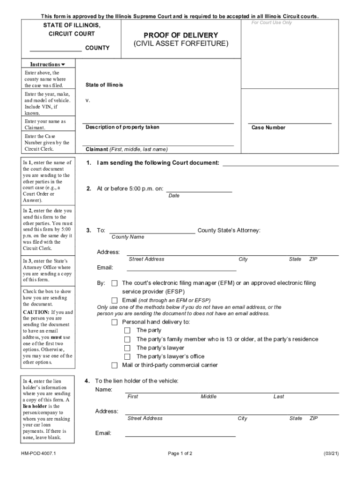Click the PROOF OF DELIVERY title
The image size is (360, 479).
180,35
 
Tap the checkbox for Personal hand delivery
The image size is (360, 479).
115,322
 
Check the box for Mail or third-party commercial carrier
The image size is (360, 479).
115,365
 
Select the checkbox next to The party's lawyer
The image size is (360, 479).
127,348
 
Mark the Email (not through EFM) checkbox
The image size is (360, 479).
115,300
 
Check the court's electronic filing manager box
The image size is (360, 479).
115,283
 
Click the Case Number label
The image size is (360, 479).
268,128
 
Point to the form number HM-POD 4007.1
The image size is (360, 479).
38,454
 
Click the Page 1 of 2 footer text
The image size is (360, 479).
180,454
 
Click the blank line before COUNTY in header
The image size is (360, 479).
56,48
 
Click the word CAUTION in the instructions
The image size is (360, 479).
36,312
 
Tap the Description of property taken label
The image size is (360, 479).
122,127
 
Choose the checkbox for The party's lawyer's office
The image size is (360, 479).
127,356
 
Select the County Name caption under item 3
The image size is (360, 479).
128,237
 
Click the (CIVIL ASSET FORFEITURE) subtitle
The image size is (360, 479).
180,44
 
